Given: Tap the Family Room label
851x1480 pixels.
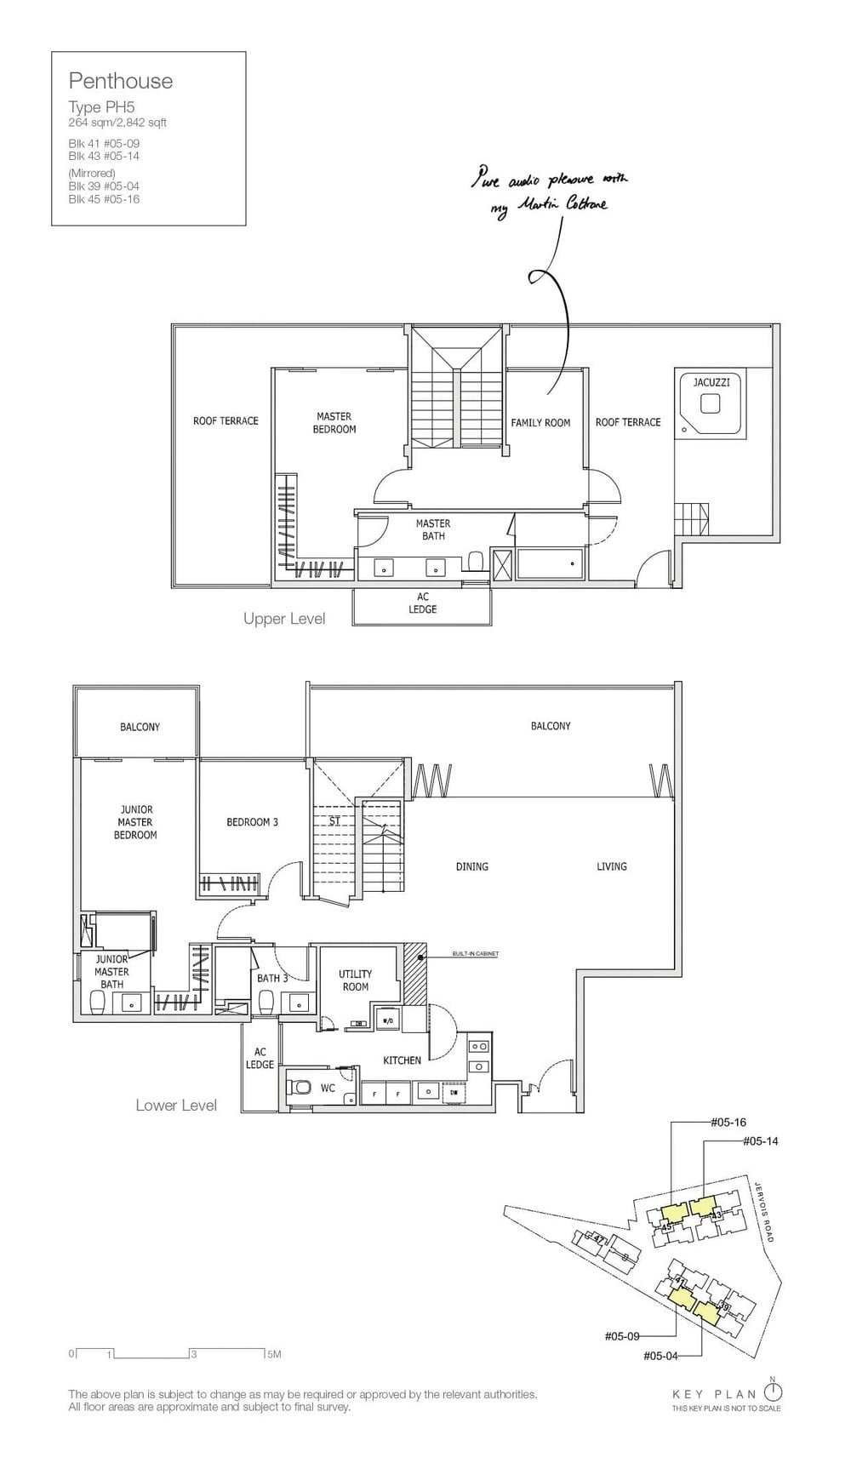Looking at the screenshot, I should (x=540, y=423).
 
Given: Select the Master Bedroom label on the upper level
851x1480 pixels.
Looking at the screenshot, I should (x=334, y=423).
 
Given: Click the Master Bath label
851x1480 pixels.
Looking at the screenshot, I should (x=433, y=529).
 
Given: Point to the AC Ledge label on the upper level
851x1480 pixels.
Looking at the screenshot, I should (x=423, y=603).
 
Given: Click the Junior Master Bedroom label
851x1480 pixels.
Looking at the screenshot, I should (x=136, y=822).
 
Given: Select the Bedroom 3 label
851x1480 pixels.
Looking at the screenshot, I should (x=252, y=822).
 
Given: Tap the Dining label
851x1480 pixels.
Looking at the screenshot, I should (x=471, y=866).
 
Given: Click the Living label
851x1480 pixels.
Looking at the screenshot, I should (x=611, y=866).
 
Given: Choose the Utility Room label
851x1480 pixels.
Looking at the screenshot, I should (x=355, y=980).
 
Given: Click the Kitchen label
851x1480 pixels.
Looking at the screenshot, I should (x=402, y=1060).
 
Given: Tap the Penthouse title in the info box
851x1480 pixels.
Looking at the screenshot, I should (x=121, y=82).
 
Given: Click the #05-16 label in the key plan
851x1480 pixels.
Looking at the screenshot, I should (x=728, y=1123).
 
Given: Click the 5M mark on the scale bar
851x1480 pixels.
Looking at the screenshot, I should (x=273, y=1354).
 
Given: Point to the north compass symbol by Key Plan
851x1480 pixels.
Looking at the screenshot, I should (x=773, y=1392).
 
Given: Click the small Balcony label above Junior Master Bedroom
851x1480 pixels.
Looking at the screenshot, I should (x=140, y=727).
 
